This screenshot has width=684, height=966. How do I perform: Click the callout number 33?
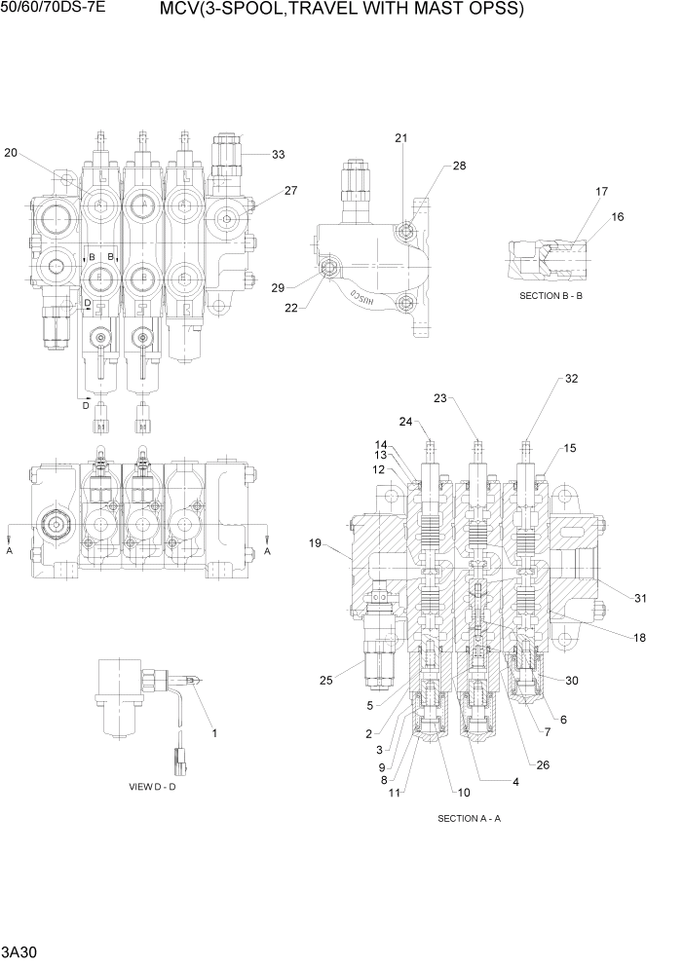click(x=279, y=154)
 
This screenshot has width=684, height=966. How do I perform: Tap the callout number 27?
click(x=291, y=191)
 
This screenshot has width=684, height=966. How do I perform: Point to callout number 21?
click(x=400, y=138)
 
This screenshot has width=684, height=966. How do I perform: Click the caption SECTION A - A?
click(x=469, y=818)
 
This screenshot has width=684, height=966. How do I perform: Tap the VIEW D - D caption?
click(x=152, y=786)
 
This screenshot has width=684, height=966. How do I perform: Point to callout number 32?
click(x=572, y=379)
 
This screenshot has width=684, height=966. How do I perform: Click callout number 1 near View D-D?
click(x=214, y=731)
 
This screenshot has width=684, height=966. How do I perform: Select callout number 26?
click(x=543, y=764)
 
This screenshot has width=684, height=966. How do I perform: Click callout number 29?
click(x=278, y=287)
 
